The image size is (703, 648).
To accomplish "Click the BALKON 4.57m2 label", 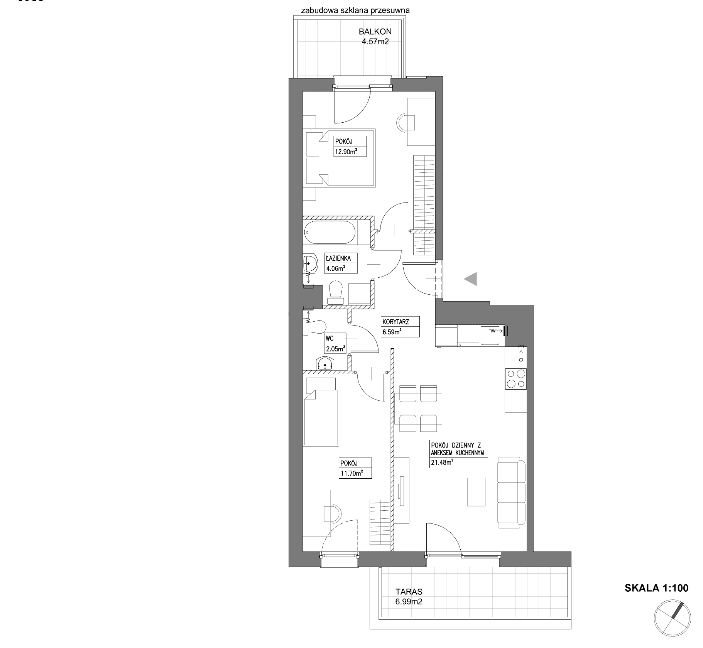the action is coord(375,36).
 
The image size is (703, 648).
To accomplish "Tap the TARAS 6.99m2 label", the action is coord(409,596).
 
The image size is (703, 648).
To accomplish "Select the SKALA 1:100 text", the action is coord(656,588).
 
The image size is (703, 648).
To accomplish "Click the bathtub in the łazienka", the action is coord(330,232).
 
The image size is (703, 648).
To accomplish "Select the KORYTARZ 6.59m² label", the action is coord(400,327).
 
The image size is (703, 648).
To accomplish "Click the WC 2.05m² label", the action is coord(335,343).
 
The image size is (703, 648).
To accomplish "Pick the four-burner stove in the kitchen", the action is coord(516,379).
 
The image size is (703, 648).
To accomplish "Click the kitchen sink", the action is coord(490,335).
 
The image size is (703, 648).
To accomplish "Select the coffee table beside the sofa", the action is coord(476,492).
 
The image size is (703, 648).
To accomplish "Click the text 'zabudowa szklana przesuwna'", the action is coord(355,10).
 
